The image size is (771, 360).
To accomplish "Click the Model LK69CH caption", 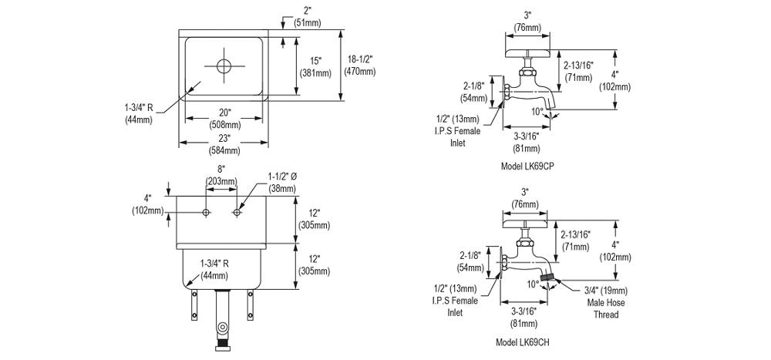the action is pyautogui.click(x=522, y=341).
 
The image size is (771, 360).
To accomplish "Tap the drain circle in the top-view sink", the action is pyautogui.click(x=224, y=66).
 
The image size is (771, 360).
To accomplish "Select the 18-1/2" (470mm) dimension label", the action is pyautogui.click(x=359, y=65).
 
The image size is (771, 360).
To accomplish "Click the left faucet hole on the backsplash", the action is pyautogui.click(x=206, y=213).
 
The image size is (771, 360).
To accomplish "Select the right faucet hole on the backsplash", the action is pyautogui.click(x=237, y=213).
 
